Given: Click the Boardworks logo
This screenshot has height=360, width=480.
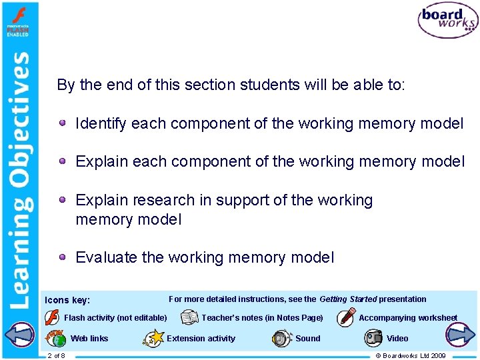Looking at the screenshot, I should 447,20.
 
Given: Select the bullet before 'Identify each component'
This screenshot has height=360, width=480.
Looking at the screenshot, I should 62,123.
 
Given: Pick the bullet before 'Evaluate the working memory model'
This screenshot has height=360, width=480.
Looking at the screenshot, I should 62,257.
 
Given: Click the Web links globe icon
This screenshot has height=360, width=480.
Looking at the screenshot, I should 56,338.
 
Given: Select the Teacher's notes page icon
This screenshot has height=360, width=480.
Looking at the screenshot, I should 189,317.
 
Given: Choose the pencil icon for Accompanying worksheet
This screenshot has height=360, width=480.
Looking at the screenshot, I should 346,317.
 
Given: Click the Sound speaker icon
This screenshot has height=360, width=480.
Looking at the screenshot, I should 282,338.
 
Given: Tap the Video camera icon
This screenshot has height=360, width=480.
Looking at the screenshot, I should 373,338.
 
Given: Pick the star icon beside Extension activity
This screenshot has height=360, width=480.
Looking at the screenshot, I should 153,339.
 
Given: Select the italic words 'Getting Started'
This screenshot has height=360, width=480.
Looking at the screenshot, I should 348,299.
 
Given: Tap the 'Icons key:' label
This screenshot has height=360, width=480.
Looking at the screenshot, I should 67,301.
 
